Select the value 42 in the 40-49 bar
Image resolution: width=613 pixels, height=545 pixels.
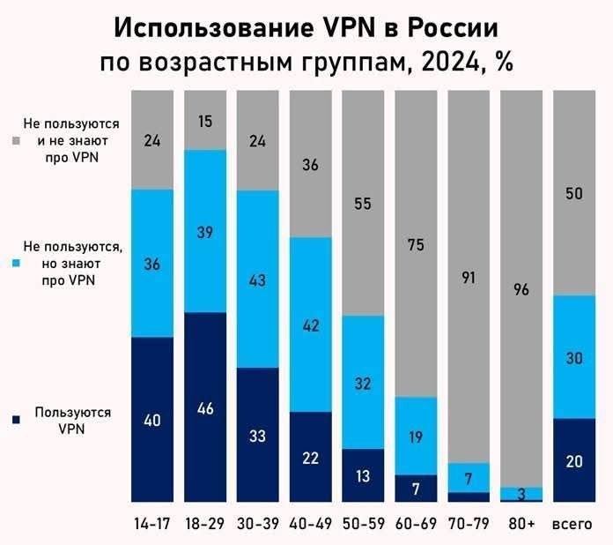pos(310,325)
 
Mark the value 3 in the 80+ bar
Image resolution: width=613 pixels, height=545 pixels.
pos(521,493)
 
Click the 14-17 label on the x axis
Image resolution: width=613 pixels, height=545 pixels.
pos(151,523)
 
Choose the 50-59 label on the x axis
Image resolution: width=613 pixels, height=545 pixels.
pos(363,523)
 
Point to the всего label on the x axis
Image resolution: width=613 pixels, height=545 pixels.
pos(573,523)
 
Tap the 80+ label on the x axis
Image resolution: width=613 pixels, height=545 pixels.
pos(521,523)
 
